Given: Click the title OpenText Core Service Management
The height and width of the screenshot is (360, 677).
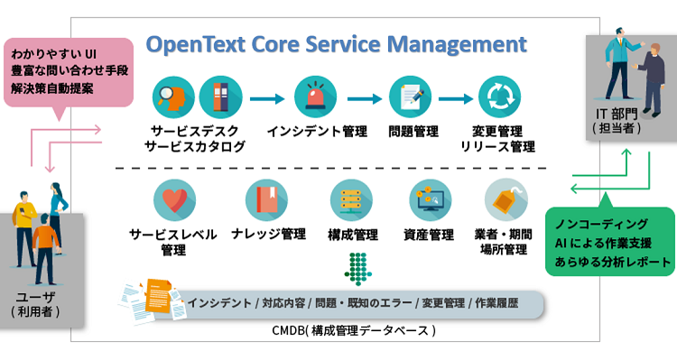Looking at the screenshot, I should click(x=337, y=44).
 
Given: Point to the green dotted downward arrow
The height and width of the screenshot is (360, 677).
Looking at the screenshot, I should click(x=360, y=267).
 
